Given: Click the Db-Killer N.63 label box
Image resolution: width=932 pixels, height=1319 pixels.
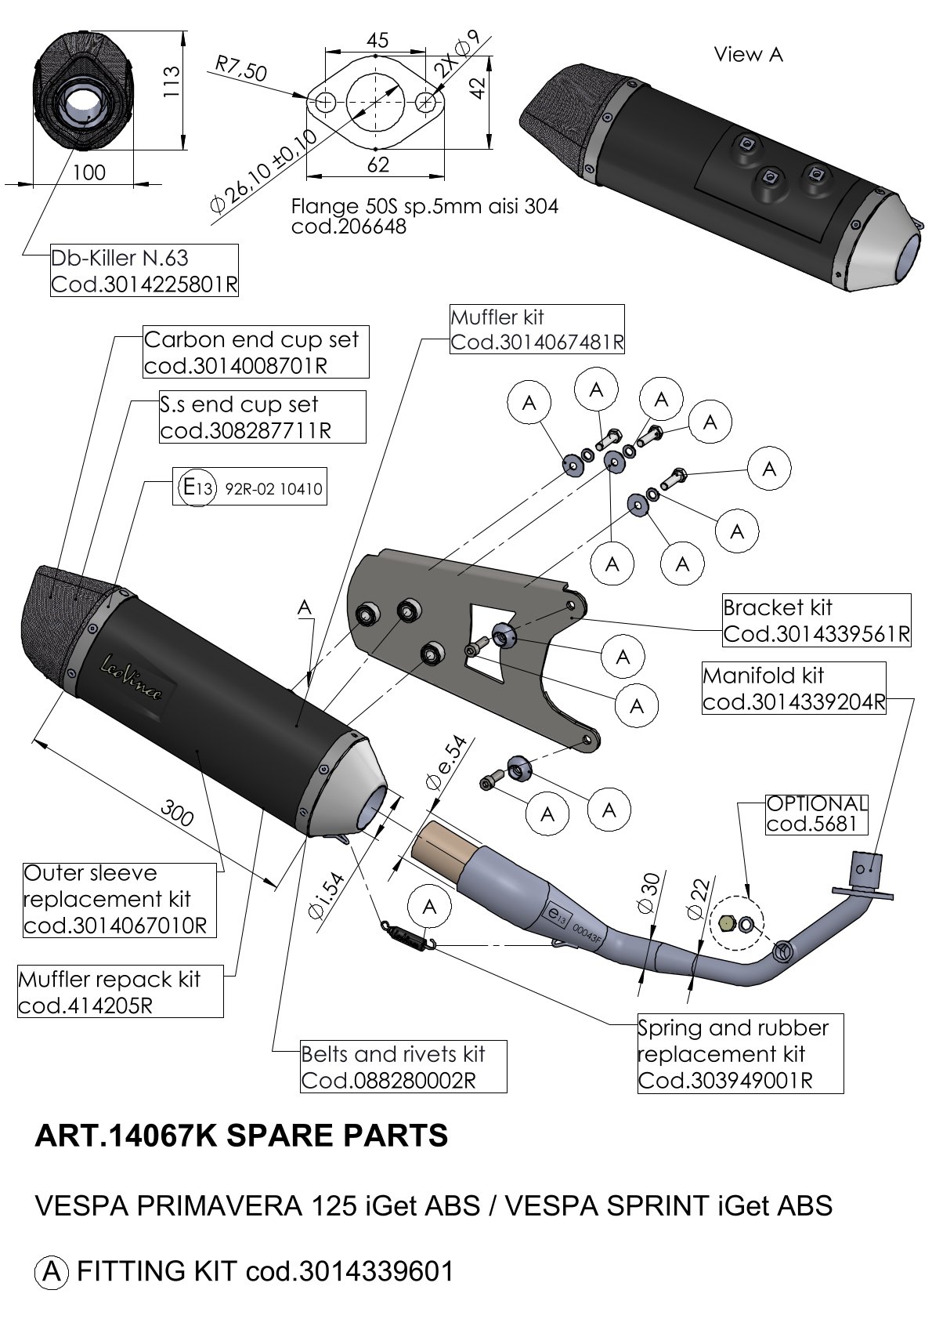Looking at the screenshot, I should [x=144, y=270].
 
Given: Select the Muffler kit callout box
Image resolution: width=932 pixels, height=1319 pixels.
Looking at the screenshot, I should [x=537, y=329].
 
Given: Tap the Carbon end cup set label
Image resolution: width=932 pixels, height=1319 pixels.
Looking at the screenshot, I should [x=255, y=352].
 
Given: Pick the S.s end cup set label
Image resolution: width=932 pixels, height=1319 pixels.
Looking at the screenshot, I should [x=262, y=417].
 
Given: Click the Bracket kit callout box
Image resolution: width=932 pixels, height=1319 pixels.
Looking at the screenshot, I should [x=816, y=620].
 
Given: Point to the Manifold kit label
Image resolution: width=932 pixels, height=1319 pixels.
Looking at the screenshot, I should [x=794, y=687].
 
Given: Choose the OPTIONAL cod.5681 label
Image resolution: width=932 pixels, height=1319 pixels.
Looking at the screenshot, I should [x=817, y=814].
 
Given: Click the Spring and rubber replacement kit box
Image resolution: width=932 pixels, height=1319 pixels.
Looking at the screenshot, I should [x=740, y=1053].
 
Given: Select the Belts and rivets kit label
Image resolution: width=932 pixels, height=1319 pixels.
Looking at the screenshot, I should [x=403, y=1067].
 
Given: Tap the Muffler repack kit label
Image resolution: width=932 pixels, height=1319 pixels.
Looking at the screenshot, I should [x=120, y=991].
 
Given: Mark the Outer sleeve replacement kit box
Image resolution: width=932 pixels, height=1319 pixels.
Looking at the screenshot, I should [x=119, y=899].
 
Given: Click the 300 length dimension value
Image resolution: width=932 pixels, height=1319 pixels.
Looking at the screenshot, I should [x=177, y=813].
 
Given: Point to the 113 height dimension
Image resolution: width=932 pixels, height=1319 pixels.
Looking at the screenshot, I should [x=170, y=80].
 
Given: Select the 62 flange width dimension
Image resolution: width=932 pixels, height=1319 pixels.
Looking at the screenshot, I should [x=377, y=164].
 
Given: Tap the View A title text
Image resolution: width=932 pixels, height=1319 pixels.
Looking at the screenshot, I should [x=748, y=54].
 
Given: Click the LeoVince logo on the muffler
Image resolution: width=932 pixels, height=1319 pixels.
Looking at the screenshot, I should [x=132, y=676].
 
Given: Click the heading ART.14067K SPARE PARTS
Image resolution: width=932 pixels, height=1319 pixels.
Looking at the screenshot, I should [x=241, y=1136].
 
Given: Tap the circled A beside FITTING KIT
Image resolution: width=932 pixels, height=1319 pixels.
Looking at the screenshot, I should [x=51, y=1270].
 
